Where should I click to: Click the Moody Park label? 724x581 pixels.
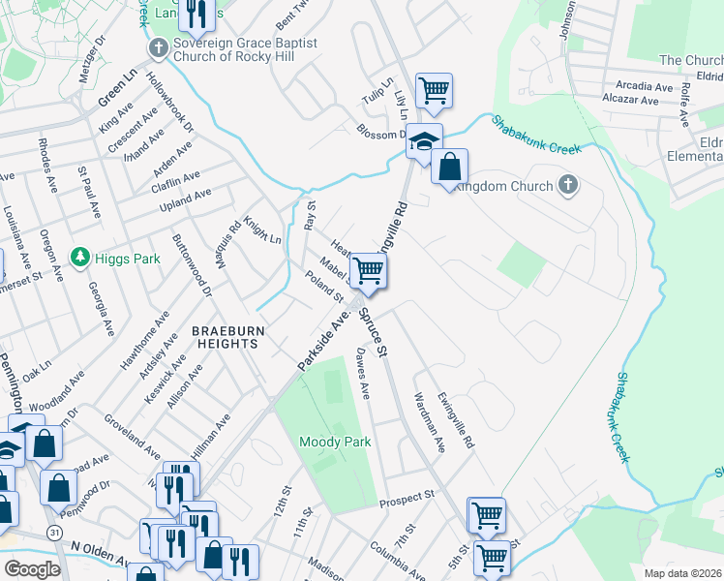(x=331, y=442)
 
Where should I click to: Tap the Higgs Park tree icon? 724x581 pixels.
(x=79, y=258)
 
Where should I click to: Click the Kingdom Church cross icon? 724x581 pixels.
(x=569, y=185)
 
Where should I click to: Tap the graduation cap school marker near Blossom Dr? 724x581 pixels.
(x=424, y=142)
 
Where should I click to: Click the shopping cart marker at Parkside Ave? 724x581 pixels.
(x=368, y=272)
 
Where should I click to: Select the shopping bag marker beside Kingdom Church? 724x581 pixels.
(x=450, y=167)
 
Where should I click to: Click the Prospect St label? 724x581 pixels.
(x=408, y=499)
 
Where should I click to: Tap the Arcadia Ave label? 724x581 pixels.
(x=649, y=86)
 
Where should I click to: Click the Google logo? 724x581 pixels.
(x=32, y=569)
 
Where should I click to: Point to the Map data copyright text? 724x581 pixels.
(x=682, y=573)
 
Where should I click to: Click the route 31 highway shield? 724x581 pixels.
(x=53, y=534)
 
